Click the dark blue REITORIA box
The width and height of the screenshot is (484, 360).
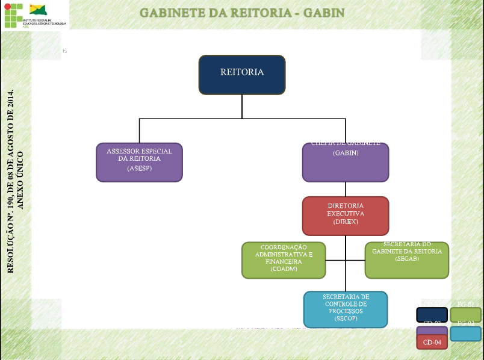[242, 75]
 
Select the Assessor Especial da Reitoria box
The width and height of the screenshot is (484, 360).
[139, 162]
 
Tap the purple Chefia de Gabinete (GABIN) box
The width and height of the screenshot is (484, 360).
[345, 163]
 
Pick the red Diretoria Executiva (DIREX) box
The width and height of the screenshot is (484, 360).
[345, 215]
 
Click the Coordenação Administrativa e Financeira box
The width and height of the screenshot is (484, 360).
[283, 260]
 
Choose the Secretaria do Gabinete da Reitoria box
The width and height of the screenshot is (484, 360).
[407, 260]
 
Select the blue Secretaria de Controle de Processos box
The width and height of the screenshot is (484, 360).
[345, 309]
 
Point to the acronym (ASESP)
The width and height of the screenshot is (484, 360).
[139, 169]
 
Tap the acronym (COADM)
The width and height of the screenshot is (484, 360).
[283, 269]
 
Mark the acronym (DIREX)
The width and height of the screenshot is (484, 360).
[346, 222]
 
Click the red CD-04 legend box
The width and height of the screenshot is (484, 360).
[432, 342]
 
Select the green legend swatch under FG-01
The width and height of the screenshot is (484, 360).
[465, 315]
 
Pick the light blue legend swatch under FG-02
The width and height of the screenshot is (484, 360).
[465, 334]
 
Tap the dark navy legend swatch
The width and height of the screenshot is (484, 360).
[432, 315]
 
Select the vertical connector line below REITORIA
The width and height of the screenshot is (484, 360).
[242, 106]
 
